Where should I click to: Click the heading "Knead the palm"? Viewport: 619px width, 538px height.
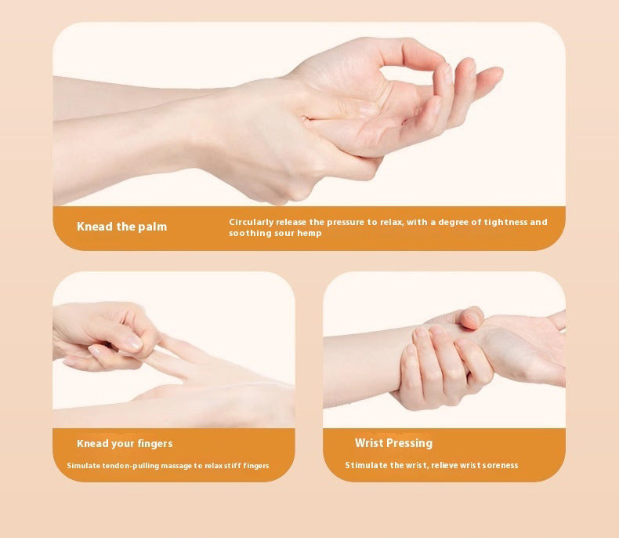(121, 227)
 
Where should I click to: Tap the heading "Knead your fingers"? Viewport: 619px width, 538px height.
(125, 444)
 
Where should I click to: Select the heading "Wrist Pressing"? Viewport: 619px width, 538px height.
(393, 443)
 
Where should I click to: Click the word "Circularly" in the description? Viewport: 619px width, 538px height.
(251, 222)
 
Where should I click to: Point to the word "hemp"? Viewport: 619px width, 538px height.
(309, 233)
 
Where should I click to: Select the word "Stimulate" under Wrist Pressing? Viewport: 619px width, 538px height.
(366, 465)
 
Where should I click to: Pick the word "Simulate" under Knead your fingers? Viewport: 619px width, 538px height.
(84, 466)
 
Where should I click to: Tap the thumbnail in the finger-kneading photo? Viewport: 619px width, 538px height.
(134, 344)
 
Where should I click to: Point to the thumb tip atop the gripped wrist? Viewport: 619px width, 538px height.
(472, 317)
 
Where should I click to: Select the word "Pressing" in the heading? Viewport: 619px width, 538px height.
(411, 443)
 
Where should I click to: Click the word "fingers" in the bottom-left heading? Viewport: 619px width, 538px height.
(155, 444)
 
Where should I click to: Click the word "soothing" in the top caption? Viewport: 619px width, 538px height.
(247, 233)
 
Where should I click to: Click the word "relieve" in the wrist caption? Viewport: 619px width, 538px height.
(444, 465)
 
